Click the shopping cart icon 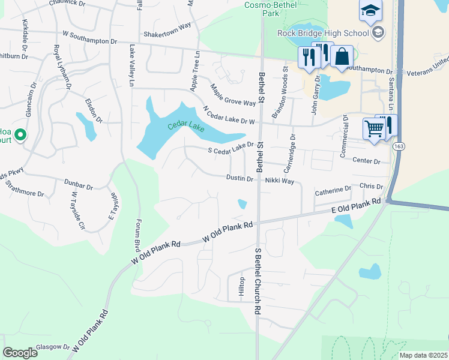pos(374,128)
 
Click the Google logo pos(20,352)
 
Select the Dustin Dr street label pos(240,178)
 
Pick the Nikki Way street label pos(279,181)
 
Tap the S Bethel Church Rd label pos(258,281)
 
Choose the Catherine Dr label pos(333,191)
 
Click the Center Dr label pos(367,161)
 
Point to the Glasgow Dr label pos(52,347)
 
